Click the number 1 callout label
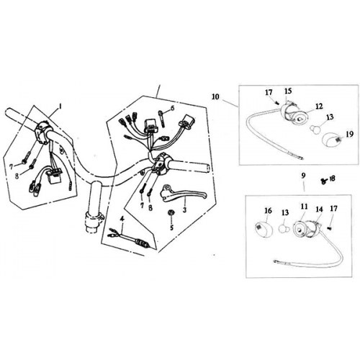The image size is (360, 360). pos(60,105)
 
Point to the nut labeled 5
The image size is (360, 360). pos(170,214)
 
